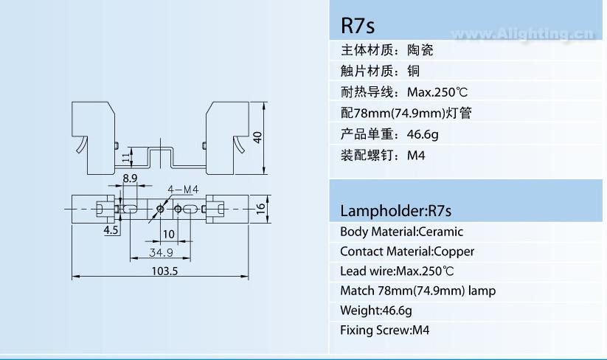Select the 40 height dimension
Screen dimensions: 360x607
click(257, 137)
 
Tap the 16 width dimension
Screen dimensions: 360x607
click(260, 209)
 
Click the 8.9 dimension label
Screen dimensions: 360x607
click(130, 179)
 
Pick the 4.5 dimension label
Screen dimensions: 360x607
click(111, 230)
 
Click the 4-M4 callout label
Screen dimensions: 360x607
click(183, 190)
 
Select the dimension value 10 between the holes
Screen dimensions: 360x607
click(169, 234)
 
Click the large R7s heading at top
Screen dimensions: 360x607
click(358, 26)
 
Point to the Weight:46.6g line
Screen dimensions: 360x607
click(376, 311)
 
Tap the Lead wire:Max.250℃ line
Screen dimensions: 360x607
click(397, 271)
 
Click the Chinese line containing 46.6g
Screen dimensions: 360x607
click(389, 135)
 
